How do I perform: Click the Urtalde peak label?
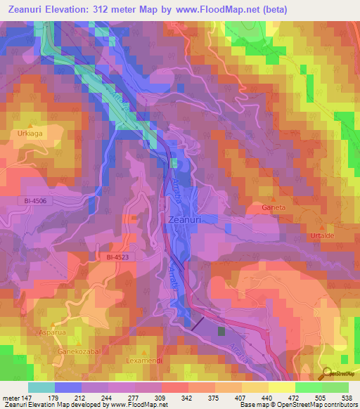tap(323, 237)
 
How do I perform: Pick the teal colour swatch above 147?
tap(41, 387)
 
